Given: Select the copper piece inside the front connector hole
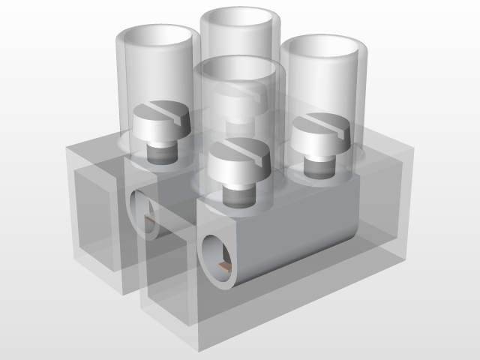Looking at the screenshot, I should click(225, 266).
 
